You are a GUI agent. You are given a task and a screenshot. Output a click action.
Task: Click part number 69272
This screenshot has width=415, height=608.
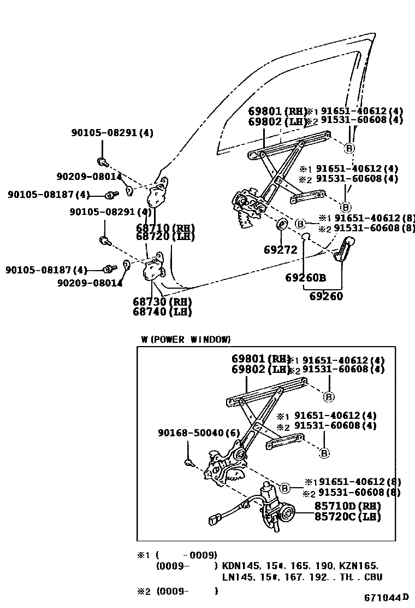pyautogui.click(x=280, y=250)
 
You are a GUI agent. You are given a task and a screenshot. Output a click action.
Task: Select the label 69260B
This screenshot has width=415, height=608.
pyautogui.click(x=305, y=277)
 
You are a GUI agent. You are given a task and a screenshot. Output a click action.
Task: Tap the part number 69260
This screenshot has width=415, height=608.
pyautogui.click(x=326, y=296)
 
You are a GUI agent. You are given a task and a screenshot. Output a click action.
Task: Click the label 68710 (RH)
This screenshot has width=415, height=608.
pyautogui.click(x=165, y=227)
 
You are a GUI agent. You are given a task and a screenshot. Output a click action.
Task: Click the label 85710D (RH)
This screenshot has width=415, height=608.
pyautogui.click(x=347, y=506)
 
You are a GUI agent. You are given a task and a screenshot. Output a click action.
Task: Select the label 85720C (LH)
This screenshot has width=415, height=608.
pyautogui.click(x=347, y=516)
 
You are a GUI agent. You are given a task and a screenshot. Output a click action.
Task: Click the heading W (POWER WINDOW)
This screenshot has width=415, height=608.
pyautogui.click(x=186, y=340)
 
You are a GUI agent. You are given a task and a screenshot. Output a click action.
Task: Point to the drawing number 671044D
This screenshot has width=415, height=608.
pyautogui.click(x=387, y=598)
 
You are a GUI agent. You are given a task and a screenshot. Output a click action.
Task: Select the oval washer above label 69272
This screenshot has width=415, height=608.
pyautogui.click(x=282, y=225)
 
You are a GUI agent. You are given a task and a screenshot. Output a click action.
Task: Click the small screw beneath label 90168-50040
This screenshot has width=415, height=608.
pyautogui.click(x=189, y=463)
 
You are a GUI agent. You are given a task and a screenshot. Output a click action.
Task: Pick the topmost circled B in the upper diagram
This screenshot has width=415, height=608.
pyautogui.click(x=349, y=148)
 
